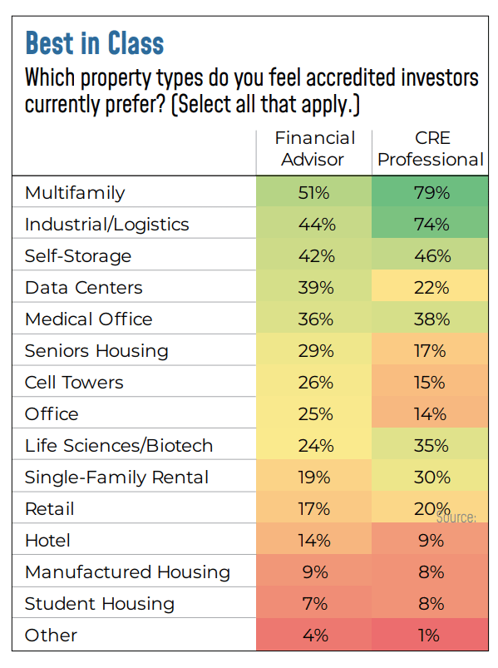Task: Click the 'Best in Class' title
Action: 94,42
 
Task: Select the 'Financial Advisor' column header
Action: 313,149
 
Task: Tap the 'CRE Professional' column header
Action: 431,149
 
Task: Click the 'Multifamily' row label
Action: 75,193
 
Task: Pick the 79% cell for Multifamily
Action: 431,193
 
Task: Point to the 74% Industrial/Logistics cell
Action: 431,225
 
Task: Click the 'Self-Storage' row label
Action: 78,256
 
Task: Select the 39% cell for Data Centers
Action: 313,288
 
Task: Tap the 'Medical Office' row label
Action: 89,319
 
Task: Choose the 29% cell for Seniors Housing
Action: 313,351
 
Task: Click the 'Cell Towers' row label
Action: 74,383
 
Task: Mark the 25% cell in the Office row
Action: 313,414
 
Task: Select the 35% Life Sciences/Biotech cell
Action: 431,446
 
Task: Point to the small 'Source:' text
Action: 456,517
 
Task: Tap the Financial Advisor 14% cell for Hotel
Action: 313,541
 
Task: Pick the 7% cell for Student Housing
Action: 313,604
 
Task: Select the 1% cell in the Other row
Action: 431,636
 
